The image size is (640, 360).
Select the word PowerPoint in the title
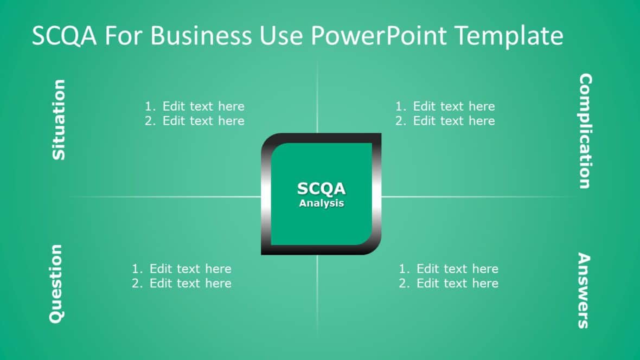(x=378, y=36)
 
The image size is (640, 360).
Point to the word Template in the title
(x=508, y=36)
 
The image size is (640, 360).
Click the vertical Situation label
(x=58, y=120)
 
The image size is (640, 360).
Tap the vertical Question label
(x=56, y=284)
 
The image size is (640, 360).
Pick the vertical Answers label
(x=583, y=291)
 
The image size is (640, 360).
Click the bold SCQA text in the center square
(x=321, y=189)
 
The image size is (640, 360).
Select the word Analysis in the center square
(x=321, y=203)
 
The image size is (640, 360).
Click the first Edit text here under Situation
(x=203, y=106)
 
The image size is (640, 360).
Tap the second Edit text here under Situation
(x=203, y=121)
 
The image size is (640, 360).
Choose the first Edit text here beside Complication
(x=454, y=106)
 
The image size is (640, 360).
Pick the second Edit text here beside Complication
(x=454, y=121)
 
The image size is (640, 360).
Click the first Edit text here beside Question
(x=190, y=269)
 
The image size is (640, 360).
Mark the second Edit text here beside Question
(x=190, y=284)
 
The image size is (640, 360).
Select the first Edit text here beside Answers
(x=457, y=269)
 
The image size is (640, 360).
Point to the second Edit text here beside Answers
(x=457, y=284)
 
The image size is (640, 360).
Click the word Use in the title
(x=287, y=36)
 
